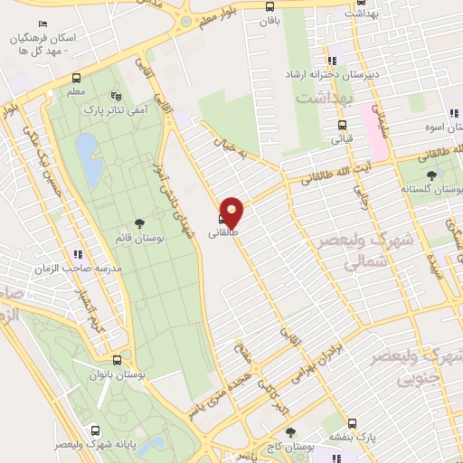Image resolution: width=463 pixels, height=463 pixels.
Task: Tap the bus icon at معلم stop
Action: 76,79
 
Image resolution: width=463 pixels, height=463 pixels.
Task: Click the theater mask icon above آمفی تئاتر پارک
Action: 115,94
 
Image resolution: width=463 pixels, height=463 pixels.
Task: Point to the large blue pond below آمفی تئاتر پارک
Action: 89,159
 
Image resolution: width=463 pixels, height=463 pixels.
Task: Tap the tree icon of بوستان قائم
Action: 138,222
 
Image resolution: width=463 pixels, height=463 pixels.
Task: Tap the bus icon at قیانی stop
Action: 341,126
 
